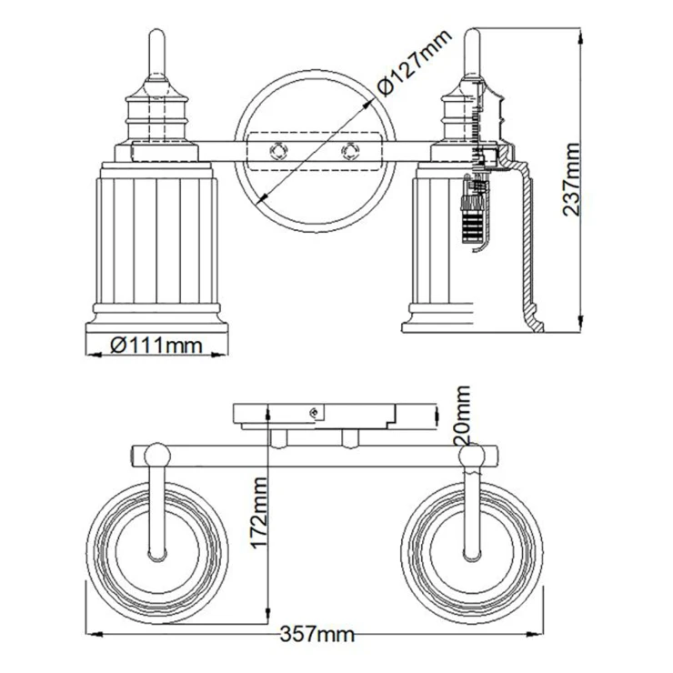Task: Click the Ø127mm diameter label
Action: click(414, 62)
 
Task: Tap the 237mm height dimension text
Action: click(571, 179)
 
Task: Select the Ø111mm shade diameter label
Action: click(156, 345)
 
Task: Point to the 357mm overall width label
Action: click(317, 634)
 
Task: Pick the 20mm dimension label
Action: click(462, 414)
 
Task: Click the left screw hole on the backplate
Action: click(278, 151)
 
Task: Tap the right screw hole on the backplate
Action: click(350, 151)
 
